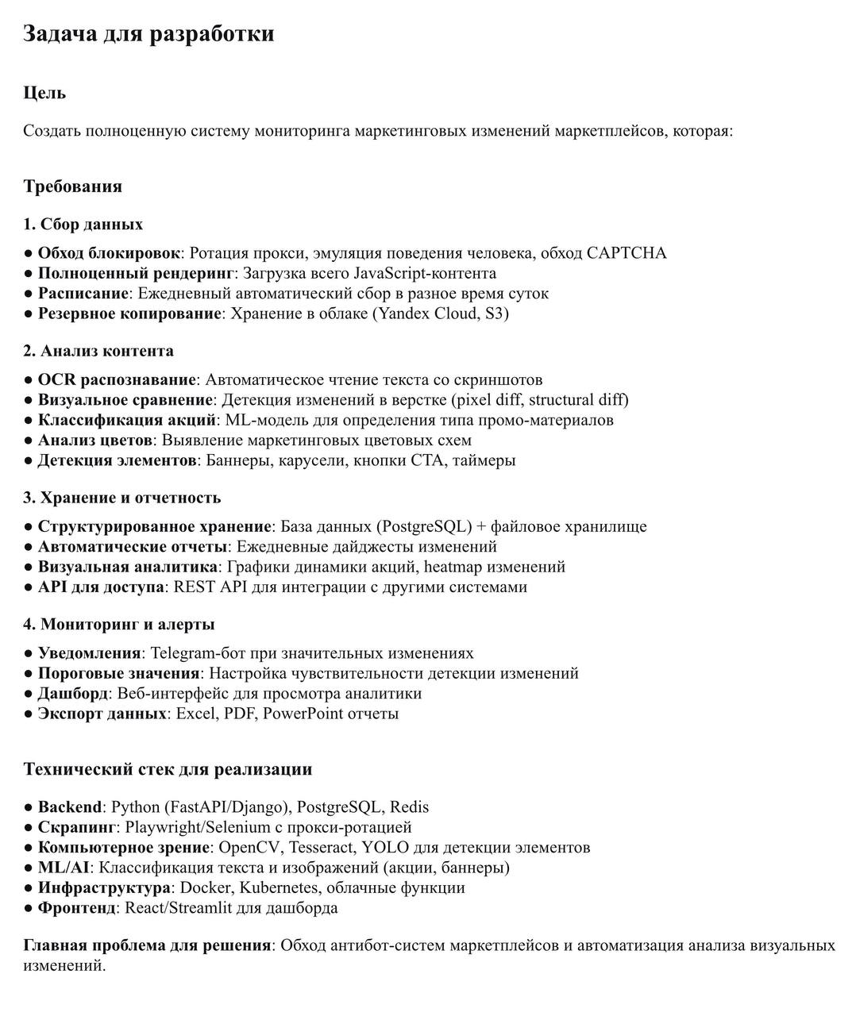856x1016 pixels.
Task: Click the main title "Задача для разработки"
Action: pos(148,34)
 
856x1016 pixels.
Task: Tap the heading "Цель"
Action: pos(44,93)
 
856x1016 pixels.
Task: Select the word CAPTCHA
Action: pos(627,253)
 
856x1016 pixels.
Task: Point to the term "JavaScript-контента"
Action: pos(425,273)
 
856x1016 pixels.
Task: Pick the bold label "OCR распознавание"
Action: pos(117,380)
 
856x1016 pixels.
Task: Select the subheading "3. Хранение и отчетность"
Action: pos(121,498)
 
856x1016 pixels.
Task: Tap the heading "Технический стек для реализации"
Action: pos(168,769)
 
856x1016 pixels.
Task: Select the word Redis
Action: pos(409,807)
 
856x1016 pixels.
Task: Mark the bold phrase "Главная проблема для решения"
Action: pos(147,945)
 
